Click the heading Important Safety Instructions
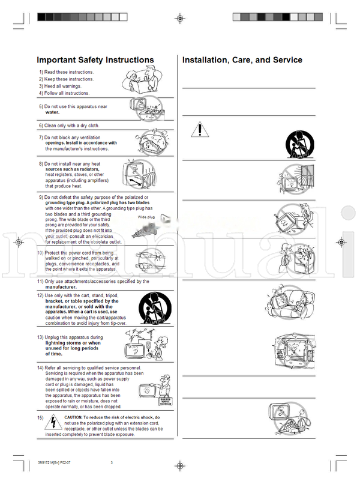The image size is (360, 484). point(95,60)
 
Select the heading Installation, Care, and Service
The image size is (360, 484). point(242,60)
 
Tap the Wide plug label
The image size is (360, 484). point(146,217)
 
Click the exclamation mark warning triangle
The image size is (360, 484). point(202,129)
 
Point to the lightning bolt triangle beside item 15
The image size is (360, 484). point(54,422)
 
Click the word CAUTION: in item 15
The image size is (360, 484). point(77,417)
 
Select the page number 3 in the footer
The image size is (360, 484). point(111,462)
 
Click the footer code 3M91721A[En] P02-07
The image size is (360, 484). point(58,462)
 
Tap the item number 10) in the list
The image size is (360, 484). point(40,253)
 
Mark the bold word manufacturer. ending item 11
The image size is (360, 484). point(61,287)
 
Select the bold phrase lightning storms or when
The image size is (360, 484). point(73,343)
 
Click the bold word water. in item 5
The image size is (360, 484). point(56,112)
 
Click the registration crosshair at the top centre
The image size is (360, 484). point(180,19)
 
